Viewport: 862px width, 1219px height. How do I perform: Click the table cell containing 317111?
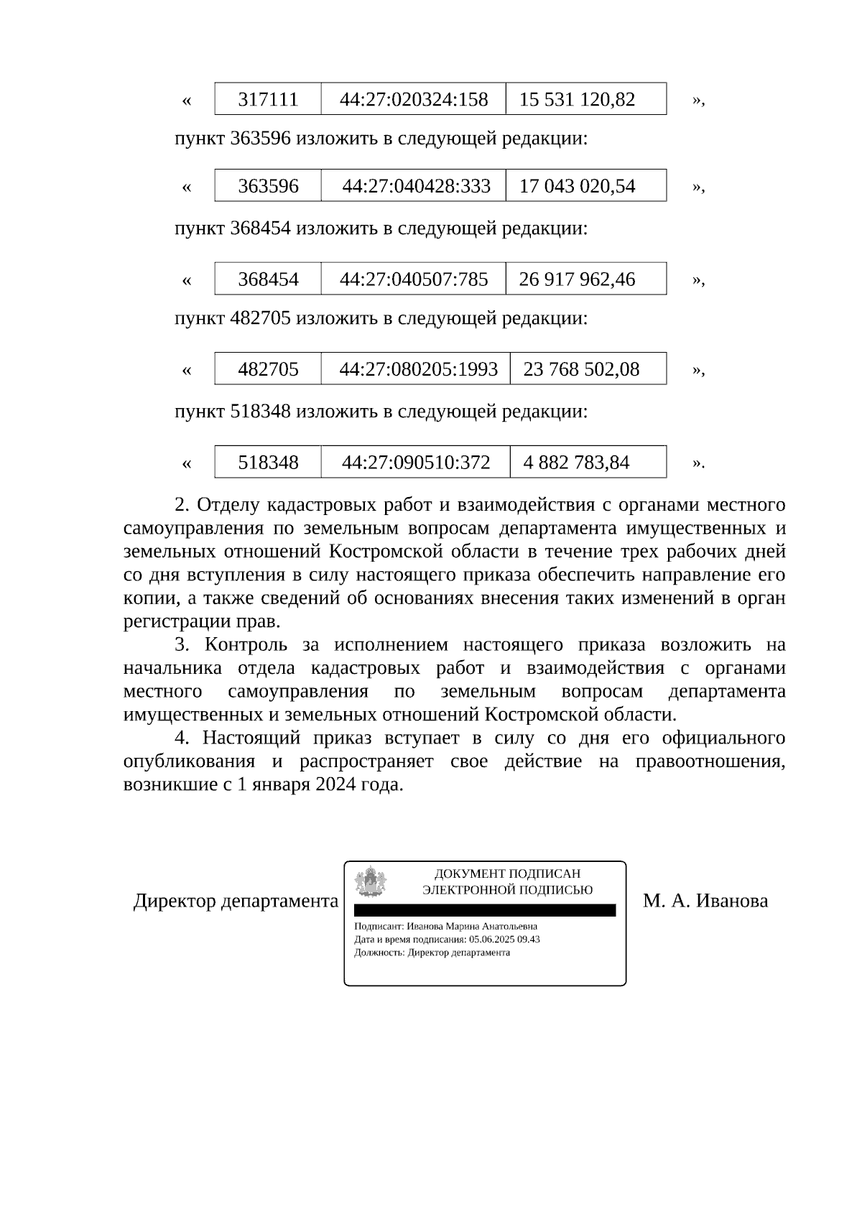pyautogui.click(x=268, y=99)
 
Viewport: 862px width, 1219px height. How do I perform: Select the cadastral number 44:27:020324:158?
pyautogui.click(x=414, y=99)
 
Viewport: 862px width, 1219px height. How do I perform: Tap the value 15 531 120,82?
pyautogui.click(x=577, y=99)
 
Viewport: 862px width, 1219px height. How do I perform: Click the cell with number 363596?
pyautogui.click(x=268, y=186)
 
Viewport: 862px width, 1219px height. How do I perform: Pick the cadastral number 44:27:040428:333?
pyautogui.click(x=416, y=186)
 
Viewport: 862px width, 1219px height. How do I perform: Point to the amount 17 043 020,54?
pyautogui.click(x=577, y=186)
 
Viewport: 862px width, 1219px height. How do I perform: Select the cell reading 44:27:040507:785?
pyautogui.click(x=414, y=279)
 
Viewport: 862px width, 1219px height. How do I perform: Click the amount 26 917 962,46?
pyautogui.click(x=577, y=279)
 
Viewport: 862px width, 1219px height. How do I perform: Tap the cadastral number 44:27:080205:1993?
pyautogui.click(x=418, y=369)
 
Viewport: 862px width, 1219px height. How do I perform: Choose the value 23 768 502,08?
pyautogui.click(x=581, y=369)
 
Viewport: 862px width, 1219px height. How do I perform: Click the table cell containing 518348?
pyautogui.click(x=268, y=462)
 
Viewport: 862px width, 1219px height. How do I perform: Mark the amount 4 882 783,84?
pyautogui.click(x=576, y=462)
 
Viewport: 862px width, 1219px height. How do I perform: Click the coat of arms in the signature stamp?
pyautogui.click(x=371, y=882)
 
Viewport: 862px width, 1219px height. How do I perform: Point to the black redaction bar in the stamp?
pyautogui.click(x=485, y=910)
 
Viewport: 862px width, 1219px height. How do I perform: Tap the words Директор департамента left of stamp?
pyautogui.click(x=236, y=901)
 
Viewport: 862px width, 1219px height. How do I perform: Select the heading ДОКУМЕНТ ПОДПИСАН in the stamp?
pyautogui.click(x=507, y=874)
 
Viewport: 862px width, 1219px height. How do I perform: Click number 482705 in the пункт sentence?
pyautogui.click(x=260, y=318)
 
